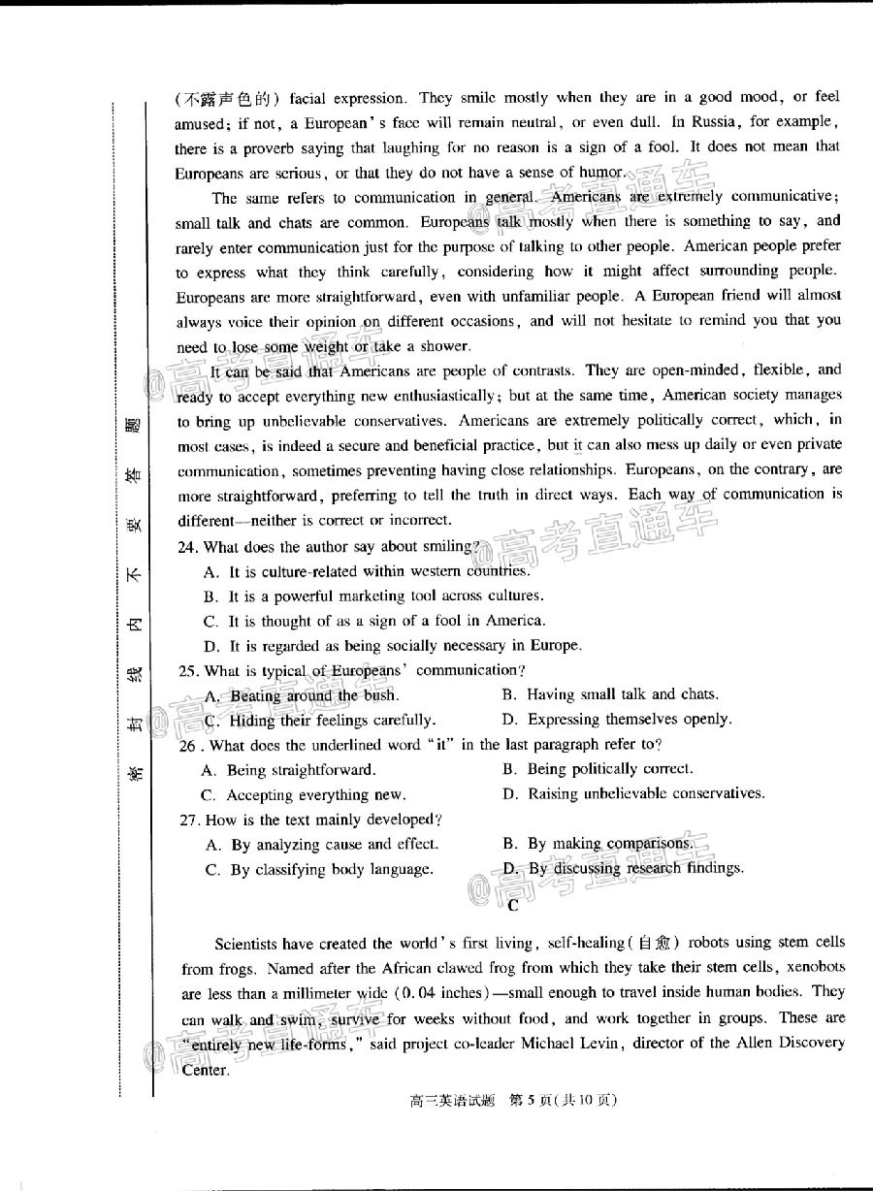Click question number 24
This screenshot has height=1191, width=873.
click(x=188, y=547)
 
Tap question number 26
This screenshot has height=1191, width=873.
click(x=190, y=745)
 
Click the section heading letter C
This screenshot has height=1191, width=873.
click(x=512, y=906)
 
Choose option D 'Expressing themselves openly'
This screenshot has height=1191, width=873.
click(x=616, y=719)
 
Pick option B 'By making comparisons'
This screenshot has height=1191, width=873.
click(x=598, y=844)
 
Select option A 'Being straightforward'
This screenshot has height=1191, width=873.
click(x=287, y=769)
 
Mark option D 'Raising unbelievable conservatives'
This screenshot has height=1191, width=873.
click(x=632, y=793)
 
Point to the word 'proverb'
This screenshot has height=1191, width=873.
click(x=266, y=147)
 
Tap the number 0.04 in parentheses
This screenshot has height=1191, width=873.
click(x=422, y=992)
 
